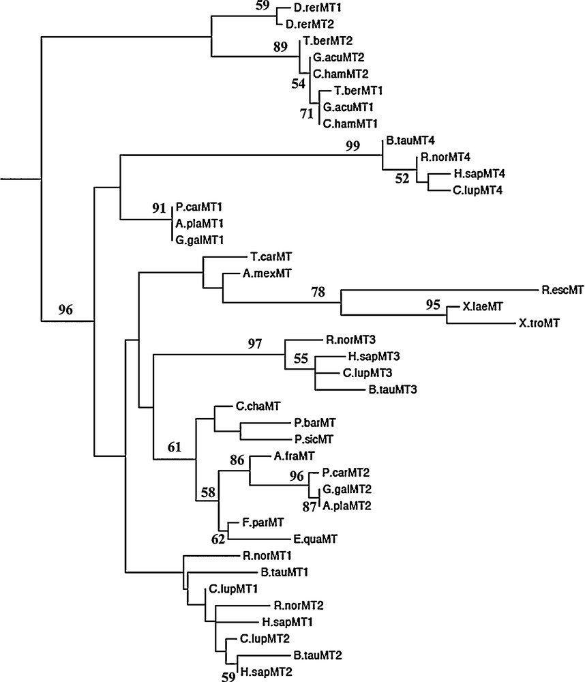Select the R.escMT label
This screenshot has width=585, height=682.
point(562,291)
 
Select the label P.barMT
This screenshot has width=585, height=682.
point(315,423)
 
